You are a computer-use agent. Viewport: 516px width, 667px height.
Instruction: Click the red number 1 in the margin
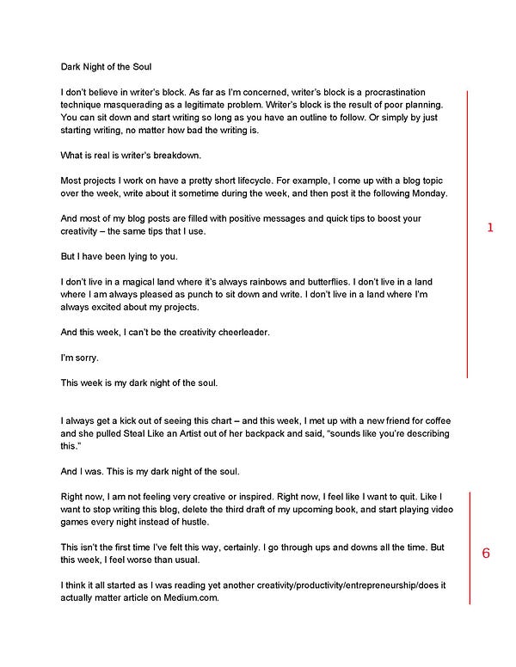490,228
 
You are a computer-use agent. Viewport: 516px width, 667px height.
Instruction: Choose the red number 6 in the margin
486,553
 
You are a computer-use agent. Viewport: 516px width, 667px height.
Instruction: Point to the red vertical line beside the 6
470,548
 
